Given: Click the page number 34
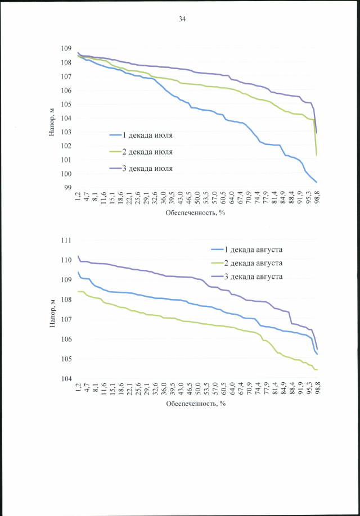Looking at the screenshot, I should pos(182,19).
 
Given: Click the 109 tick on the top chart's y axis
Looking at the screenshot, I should pos(68,48).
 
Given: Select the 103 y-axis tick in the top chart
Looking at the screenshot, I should pos(68,132).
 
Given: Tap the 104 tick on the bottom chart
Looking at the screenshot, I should pos(68,379).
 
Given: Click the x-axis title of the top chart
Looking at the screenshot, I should pos(195,213).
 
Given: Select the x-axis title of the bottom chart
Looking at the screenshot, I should pos(195,403).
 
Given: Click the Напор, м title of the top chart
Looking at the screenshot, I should pos(52,120).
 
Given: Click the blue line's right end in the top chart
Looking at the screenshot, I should pos(317,182).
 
